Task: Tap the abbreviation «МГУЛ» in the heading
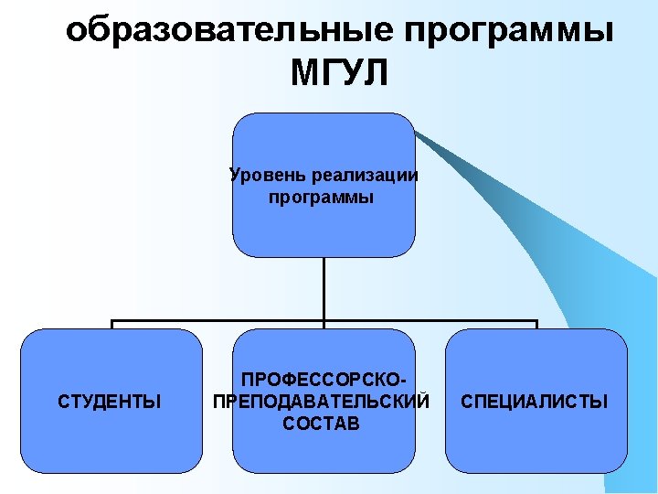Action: [340, 73]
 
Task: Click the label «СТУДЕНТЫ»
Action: [110, 401]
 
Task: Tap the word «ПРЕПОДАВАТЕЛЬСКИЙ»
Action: [321, 401]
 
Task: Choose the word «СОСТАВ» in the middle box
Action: [322, 424]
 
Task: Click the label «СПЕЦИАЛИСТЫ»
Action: [535, 401]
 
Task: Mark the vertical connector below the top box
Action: [324, 288]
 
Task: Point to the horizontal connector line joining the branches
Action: [219, 322]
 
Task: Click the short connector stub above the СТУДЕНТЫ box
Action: [111, 325]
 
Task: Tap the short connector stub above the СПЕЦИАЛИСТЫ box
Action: [536, 325]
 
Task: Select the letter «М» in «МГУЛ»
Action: [305, 73]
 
